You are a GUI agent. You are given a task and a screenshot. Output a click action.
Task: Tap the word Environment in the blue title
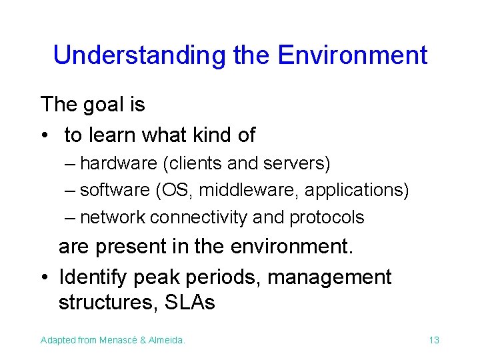(353, 55)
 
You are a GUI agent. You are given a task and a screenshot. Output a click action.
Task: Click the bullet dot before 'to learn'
(44, 136)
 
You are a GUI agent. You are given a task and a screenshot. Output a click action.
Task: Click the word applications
(356, 191)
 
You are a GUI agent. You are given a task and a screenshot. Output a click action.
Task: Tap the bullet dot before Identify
(44, 277)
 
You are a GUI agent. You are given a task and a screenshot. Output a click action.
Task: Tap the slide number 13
(434, 341)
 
